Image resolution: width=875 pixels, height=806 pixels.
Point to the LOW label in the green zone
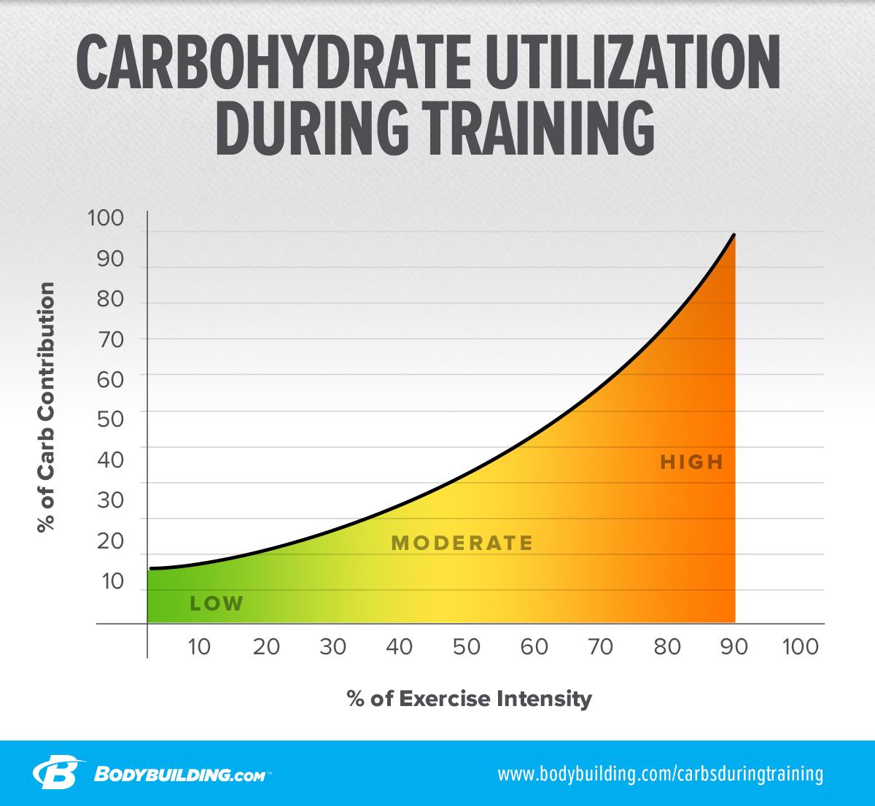pos(216,603)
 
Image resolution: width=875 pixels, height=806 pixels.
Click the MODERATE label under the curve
pos(462,543)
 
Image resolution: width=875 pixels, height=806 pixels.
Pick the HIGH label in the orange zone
pos(691,462)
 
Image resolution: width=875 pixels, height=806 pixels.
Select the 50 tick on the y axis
pos(106,419)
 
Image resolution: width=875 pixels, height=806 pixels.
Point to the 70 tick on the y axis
pos(106,338)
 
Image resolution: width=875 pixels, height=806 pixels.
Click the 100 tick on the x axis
pos(800,647)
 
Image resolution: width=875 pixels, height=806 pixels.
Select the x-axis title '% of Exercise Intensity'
pos(470,699)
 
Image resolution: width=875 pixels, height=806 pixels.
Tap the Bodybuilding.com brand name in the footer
pos(182,774)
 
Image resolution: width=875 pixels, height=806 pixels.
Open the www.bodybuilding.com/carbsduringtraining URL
pos(660,773)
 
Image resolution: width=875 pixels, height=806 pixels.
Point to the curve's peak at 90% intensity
pos(734,235)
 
